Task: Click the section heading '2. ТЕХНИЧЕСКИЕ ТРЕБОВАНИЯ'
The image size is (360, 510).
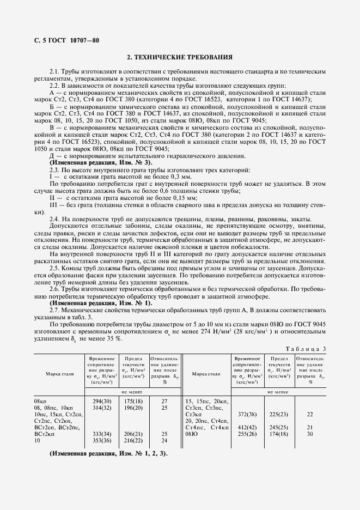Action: click(180, 57)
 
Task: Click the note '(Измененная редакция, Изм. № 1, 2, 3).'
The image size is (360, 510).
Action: click(108, 453)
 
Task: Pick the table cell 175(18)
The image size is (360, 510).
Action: click(133, 400)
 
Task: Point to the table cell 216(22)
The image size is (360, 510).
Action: click(133, 440)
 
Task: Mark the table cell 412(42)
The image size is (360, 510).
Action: click(248, 427)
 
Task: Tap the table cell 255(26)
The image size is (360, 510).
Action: click(248, 433)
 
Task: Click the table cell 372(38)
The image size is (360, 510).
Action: click(248, 414)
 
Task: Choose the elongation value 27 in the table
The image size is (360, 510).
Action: click(164, 400)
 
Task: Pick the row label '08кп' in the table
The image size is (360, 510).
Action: click(40, 400)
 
